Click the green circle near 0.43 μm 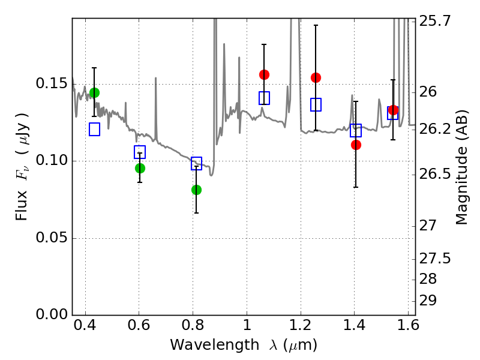94,92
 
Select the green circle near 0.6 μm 140,168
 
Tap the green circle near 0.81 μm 196,190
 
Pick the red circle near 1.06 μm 264,74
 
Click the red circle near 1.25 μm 316,78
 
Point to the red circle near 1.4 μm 356,145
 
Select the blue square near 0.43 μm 94,129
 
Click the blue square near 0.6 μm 140,152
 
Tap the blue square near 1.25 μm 316,104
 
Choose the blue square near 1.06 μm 264,98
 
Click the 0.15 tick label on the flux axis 52,83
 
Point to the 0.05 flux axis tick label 52,237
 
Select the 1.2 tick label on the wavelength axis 301,325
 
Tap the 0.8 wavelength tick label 193,325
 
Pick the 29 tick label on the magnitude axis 428,301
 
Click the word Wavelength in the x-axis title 215,345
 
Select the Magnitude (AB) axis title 461,167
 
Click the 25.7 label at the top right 434,21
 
